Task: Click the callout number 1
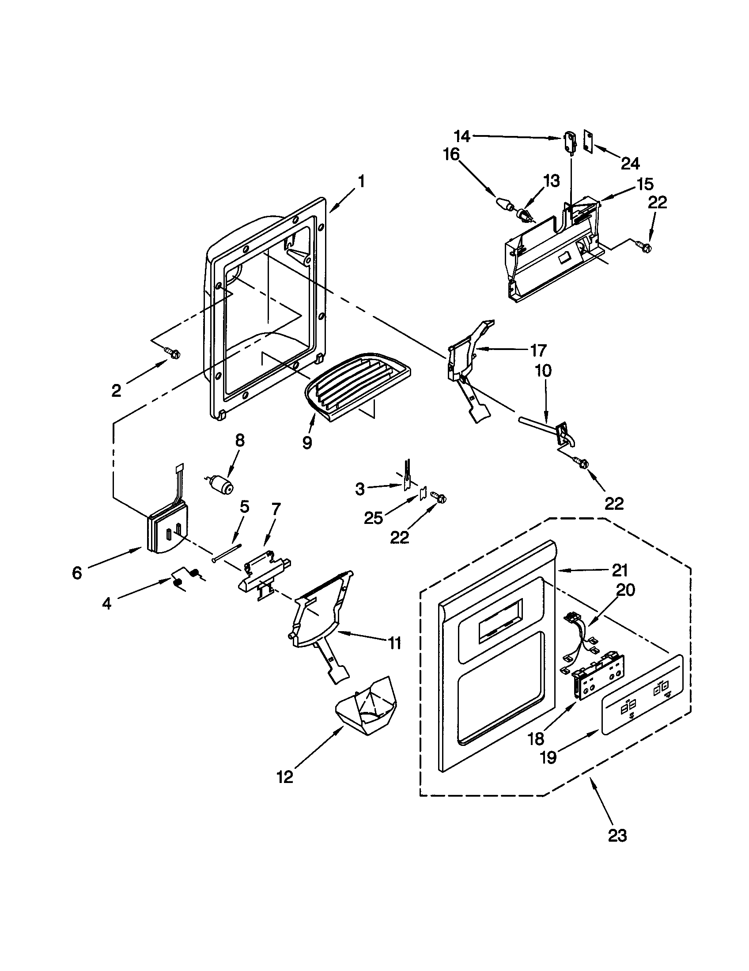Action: [x=362, y=181]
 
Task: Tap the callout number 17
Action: [x=538, y=351]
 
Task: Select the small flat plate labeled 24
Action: [x=588, y=141]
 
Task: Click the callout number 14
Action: [x=462, y=136]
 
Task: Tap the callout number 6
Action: [x=77, y=573]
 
